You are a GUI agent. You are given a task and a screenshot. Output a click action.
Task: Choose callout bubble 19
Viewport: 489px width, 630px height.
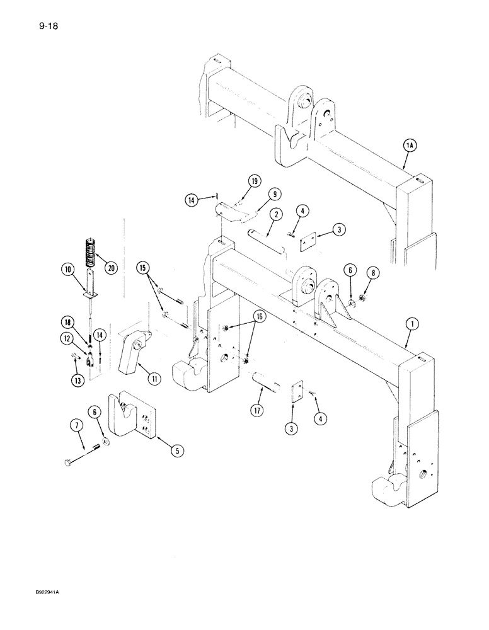254,181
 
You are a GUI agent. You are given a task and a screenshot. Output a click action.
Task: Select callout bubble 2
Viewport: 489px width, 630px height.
275,215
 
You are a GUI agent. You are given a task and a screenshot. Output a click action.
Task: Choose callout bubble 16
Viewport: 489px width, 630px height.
258,316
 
